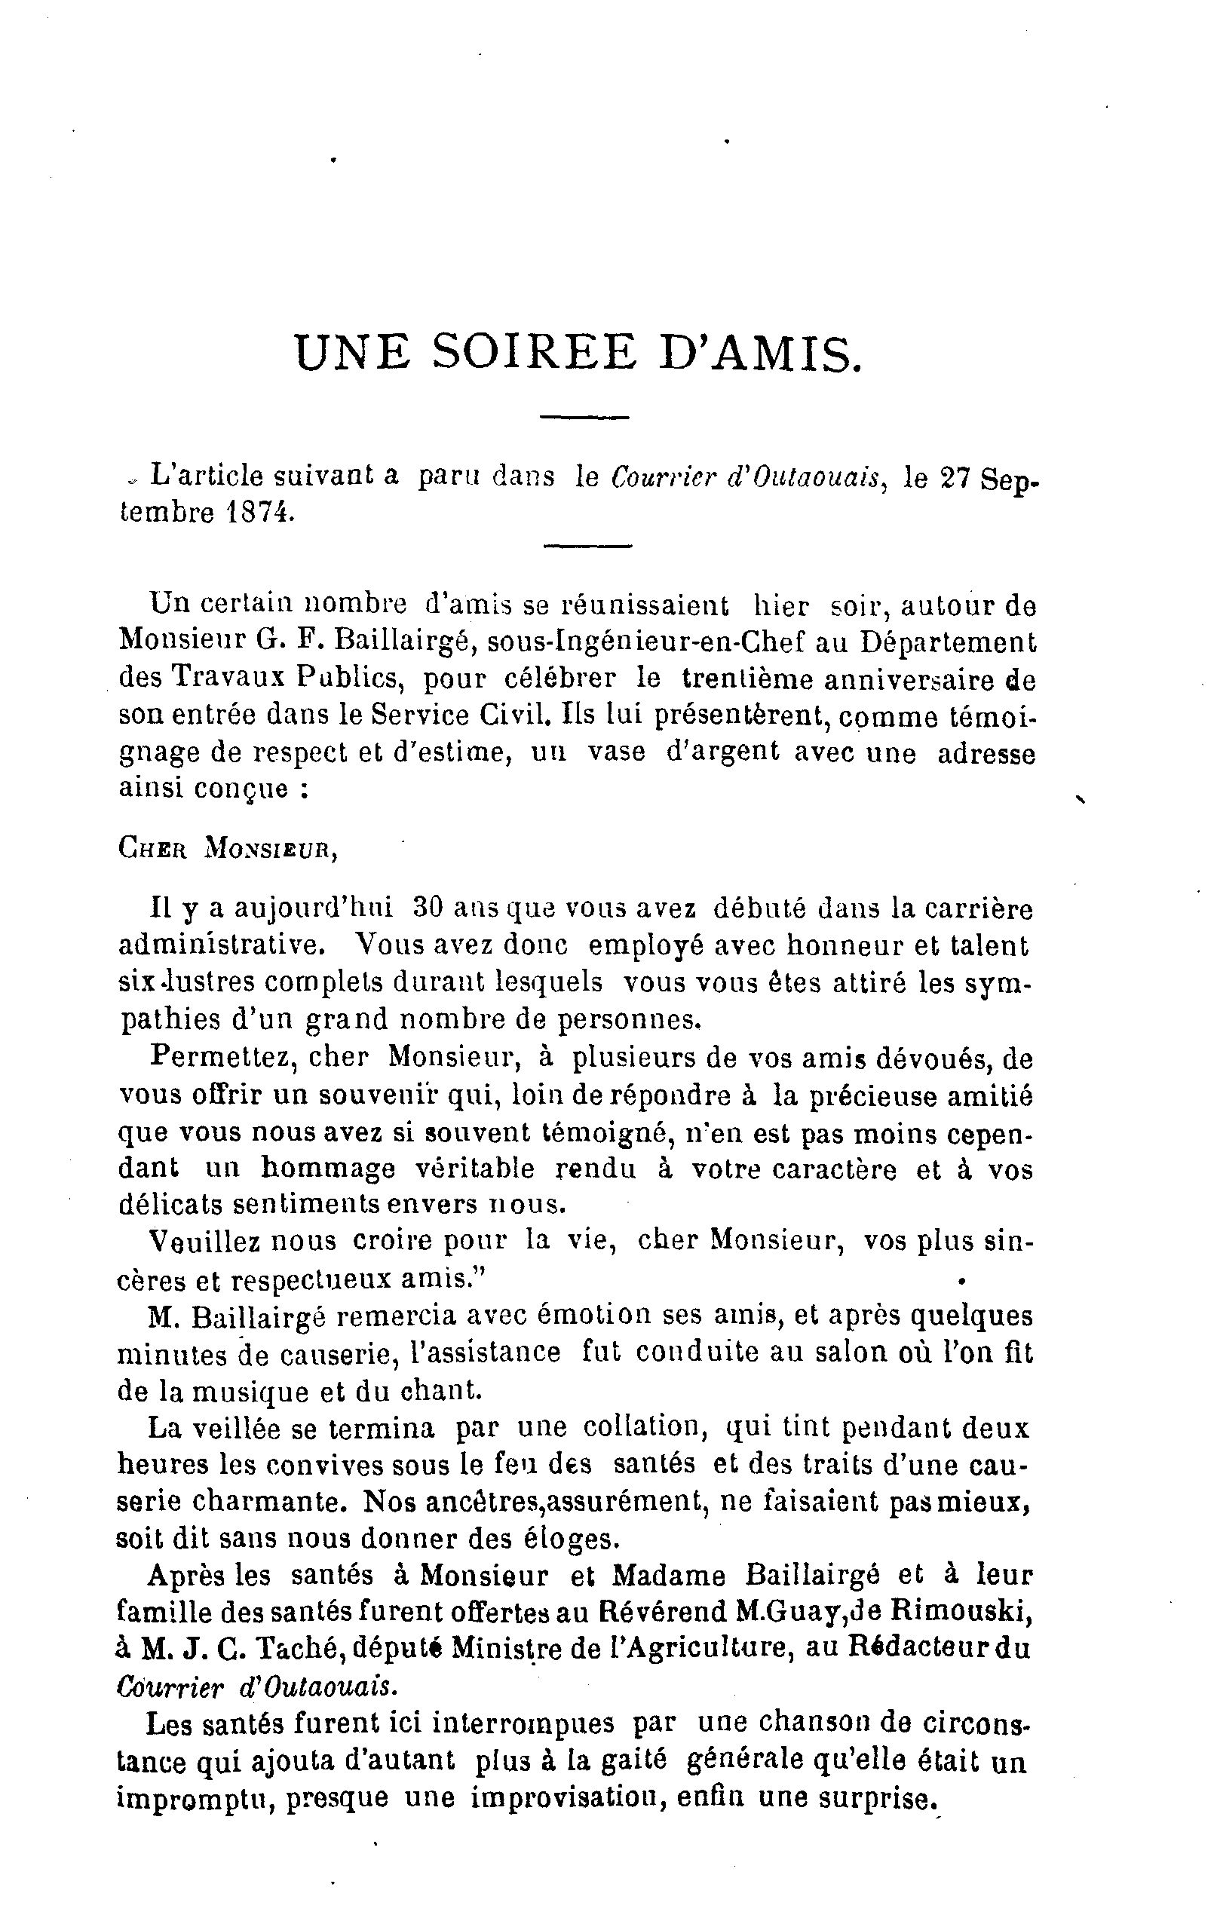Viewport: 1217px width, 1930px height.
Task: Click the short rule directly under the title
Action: pyautogui.click(x=585, y=417)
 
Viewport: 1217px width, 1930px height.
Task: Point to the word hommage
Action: pyautogui.click(x=329, y=1169)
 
